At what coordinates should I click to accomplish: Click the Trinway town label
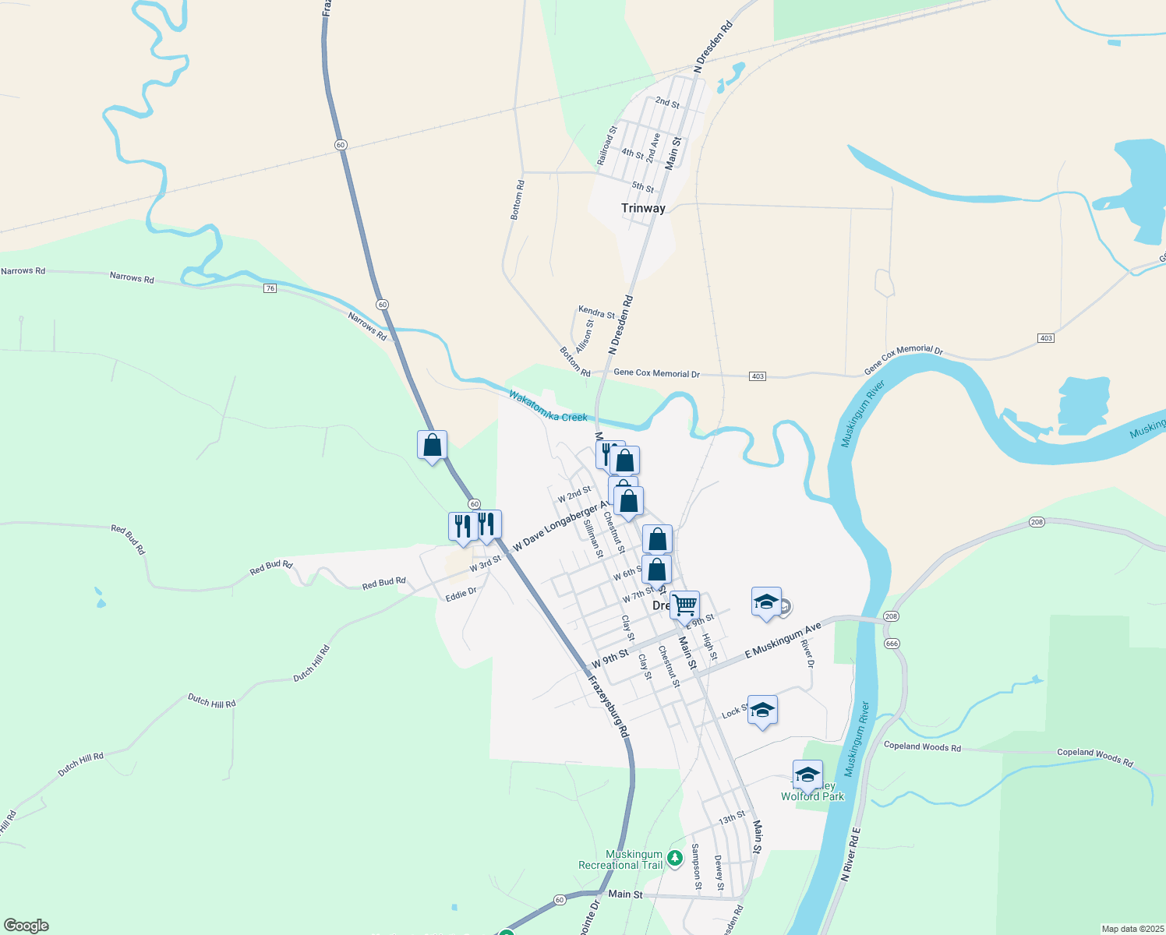tap(643, 208)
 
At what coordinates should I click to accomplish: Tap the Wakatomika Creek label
tap(548, 406)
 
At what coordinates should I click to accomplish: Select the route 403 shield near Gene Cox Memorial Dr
tap(758, 376)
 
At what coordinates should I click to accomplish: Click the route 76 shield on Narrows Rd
tap(270, 288)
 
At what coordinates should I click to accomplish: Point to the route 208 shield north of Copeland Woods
tap(1036, 522)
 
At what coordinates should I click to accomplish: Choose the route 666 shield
tap(892, 644)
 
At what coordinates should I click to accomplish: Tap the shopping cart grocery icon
tap(684, 605)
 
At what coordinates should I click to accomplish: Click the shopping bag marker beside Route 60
tap(433, 445)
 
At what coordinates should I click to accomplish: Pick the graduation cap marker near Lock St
tap(762, 710)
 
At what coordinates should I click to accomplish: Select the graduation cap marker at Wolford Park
tap(807, 774)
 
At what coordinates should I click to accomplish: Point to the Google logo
tap(26, 926)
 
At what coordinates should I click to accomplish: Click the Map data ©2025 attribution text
tap(1132, 929)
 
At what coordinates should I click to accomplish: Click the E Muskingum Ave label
tap(783, 641)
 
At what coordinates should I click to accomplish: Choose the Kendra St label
tap(596, 312)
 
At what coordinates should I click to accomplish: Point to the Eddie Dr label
tap(461, 594)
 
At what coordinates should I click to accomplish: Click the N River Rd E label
tap(850, 855)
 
